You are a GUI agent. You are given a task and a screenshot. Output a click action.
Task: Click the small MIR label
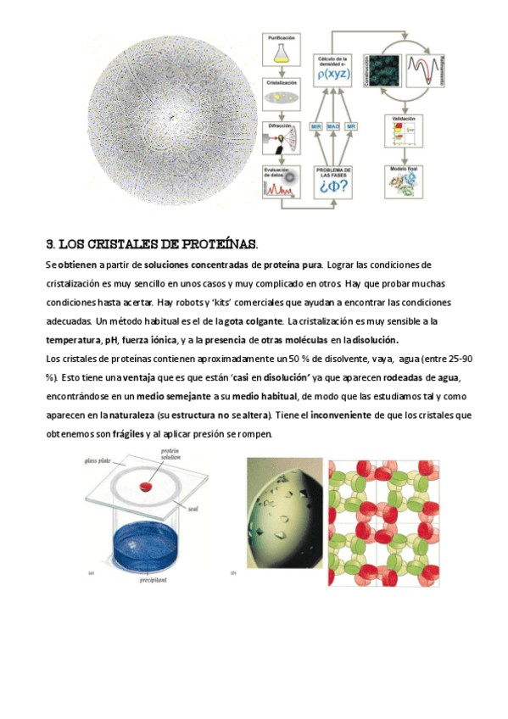(315, 126)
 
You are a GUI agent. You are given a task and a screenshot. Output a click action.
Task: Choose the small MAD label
(333, 126)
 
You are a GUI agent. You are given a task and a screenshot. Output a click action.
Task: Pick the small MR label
(350, 126)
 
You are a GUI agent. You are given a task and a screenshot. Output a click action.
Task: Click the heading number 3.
(49, 244)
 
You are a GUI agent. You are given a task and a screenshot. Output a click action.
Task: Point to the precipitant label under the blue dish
(154, 582)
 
